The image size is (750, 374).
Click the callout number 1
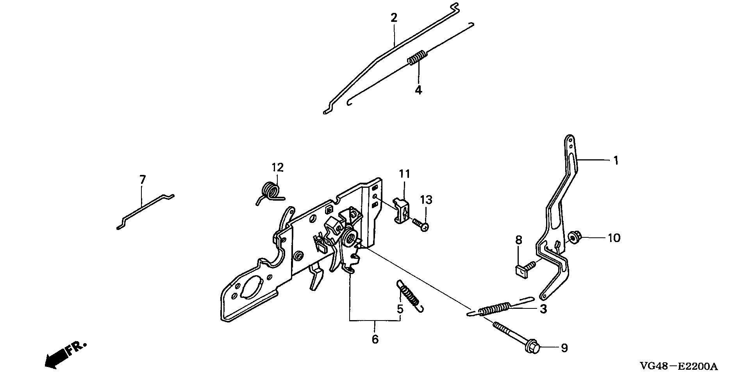[x=616, y=160]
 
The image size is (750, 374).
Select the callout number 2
[x=394, y=18]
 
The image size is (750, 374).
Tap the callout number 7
[x=143, y=180]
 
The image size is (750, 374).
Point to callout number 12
[x=277, y=167]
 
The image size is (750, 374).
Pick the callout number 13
[x=426, y=200]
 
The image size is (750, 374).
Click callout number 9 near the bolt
[x=564, y=348]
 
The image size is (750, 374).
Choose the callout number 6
[x=375, y=339]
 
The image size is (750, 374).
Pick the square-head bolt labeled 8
[x=523, y=269]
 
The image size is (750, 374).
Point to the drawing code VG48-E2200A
[x=679, y=367]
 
